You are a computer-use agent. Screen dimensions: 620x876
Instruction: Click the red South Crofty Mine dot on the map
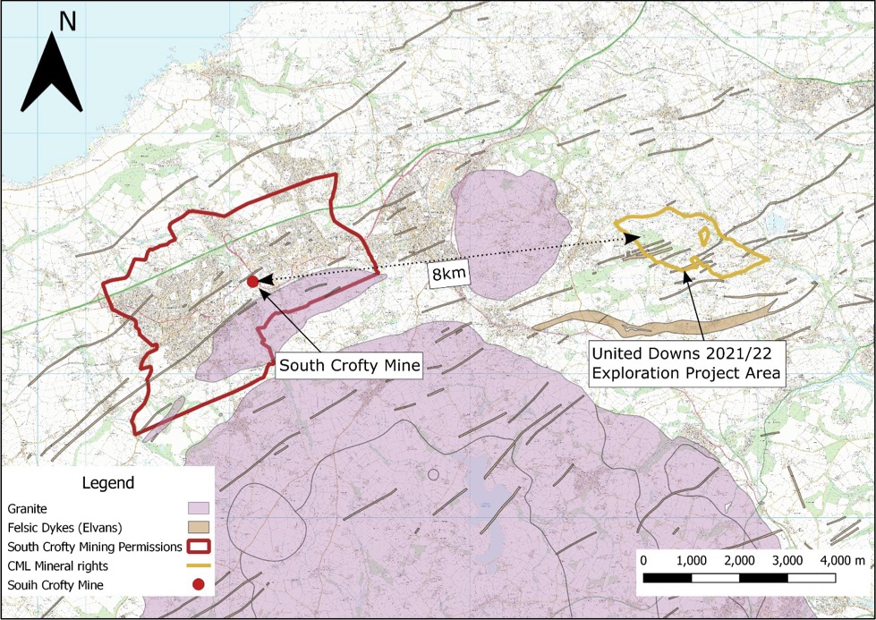(252, 282)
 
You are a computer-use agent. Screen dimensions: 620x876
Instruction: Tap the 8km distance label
(448, 275)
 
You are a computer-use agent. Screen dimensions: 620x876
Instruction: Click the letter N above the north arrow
(67, 21)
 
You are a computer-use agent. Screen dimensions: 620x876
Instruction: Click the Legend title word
(108, 483)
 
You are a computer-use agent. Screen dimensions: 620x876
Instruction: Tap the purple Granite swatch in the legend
(199, 508)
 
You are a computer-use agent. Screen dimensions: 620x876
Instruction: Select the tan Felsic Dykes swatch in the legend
(199, 527)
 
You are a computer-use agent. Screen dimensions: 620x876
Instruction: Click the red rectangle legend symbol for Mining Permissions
(199, 547)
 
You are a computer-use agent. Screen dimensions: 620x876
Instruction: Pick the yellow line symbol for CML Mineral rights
(199, 565)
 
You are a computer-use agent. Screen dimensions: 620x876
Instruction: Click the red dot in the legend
(199, 585)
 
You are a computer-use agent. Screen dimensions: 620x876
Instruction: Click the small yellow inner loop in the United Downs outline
(705, 236)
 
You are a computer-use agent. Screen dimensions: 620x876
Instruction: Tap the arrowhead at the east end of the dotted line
(633, 238)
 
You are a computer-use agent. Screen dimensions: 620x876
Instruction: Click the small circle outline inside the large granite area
(434, 474)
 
